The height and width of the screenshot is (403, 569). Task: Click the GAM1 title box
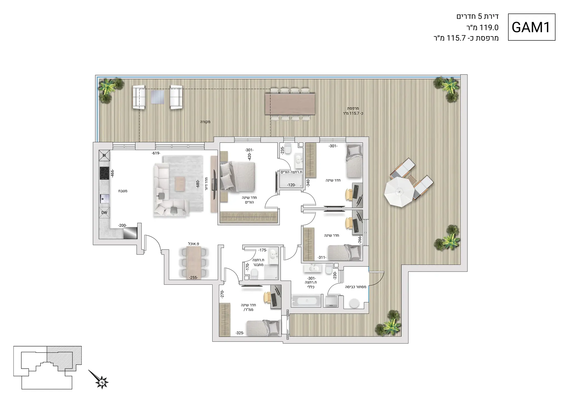(531, 27)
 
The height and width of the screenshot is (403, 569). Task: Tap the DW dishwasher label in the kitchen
(104, 213)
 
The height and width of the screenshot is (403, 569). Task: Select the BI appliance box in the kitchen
(104, 155)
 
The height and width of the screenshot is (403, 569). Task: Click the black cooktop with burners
(104, 173)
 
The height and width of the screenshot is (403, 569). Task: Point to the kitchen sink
(104, 199)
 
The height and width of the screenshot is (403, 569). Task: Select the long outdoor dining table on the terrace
(290, 104)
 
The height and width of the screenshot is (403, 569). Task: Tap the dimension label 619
(156, 153)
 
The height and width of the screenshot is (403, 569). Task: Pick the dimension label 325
(240, 333)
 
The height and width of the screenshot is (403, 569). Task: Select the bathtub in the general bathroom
(306, 301)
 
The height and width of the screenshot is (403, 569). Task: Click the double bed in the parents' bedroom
(237, 177)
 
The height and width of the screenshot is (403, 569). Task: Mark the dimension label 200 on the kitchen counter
(122, 225)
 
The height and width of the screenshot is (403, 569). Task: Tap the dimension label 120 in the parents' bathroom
(291, 185)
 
